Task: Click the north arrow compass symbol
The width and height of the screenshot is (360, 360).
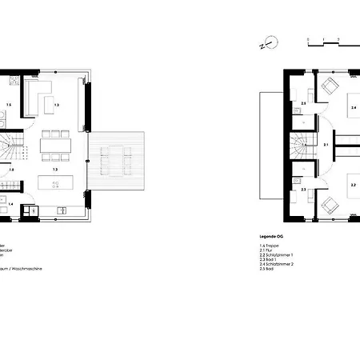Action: click(x=270, y=43)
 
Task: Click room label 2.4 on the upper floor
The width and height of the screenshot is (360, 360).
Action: click(x=353, y=106)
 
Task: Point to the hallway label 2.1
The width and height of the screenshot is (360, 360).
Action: click(x=326, y=145)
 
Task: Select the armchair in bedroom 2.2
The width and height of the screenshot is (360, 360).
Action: click(x=329, y=205)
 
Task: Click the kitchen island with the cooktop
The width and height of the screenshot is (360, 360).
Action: click(x=55, y=183)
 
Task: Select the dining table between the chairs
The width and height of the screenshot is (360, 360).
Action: click(x=56, y=145)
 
